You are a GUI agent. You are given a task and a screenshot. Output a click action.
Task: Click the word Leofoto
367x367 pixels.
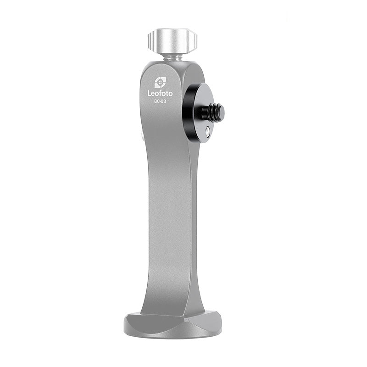click(x=160, y=93)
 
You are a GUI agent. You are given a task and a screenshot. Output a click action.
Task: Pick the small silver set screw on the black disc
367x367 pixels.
click(x=208, y=132)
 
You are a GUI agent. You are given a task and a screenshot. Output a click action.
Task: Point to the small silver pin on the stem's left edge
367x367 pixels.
click(x=142, y=137)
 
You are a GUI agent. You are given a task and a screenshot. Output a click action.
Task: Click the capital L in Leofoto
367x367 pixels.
click(x=149, y=93)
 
